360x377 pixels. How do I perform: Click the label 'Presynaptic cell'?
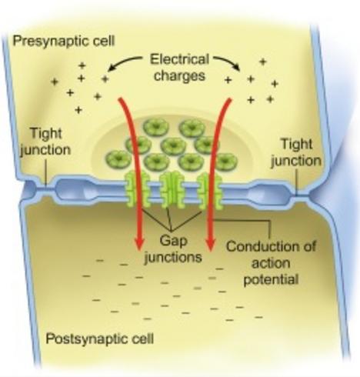point(64,42)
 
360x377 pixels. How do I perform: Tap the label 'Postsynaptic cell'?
point(100,339)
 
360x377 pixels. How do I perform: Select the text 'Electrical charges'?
point(179,68)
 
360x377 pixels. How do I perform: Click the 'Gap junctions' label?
point(173,249)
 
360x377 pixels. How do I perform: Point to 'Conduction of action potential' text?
point(271,263)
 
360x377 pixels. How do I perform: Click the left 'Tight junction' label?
point(45,142)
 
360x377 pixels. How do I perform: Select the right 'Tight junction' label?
point(296,152)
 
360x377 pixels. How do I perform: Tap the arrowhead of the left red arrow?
point(139,243)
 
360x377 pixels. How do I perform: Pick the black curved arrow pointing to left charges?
point(123,62)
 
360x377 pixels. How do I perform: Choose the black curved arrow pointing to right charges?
point(228,62)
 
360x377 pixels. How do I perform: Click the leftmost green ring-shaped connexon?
point(118,159)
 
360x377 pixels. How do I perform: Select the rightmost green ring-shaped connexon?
point(225,162)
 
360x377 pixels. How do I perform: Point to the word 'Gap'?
point(173,241)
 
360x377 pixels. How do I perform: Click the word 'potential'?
point(271,279)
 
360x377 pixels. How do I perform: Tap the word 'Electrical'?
point(179,59)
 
